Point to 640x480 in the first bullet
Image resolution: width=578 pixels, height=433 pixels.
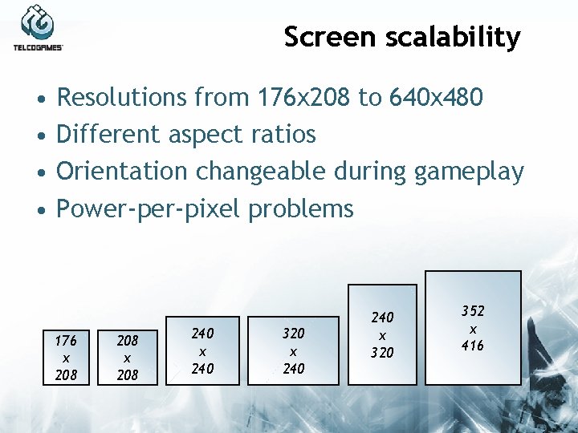[436, 98]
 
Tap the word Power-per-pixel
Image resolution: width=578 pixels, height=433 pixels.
[149, 209]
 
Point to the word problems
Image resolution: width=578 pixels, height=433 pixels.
[301, 209]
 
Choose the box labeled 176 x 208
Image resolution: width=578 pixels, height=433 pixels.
[66, 357]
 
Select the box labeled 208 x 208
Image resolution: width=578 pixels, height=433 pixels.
[128, 357]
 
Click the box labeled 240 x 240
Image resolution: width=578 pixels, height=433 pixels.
[202, 350]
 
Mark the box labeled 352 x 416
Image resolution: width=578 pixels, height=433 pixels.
[473, 327]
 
